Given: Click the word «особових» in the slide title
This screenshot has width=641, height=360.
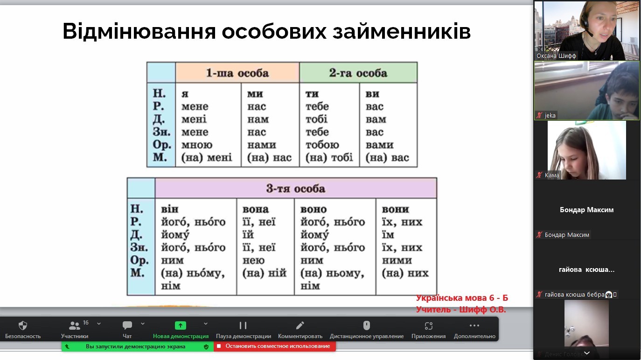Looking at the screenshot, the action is pyautogui.click(x=274, y=31).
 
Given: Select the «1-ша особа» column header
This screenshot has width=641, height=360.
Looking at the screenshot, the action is pyautogui.click(x=237, y=73).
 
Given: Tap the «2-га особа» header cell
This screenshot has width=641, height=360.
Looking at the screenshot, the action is pyautogui.click(x=358, y=73).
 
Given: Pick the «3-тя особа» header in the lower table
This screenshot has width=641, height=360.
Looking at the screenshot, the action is pyautogui.click(x=296, y=188).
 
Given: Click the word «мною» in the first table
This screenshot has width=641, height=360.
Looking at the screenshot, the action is pyautogui.click(x=197, y=145).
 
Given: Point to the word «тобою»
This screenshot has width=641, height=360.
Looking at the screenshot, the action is pyautogui.click(x=322, y=145).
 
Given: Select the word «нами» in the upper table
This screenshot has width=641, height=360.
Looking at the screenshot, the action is pyautogui.click(x=262, y=145).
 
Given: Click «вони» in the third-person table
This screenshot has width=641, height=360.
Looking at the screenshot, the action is pyautogui.click(x=395, y=209).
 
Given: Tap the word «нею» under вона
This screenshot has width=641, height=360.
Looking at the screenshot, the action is pyautogui.click(x=253, y=261).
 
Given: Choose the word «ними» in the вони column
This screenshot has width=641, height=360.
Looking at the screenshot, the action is pyautogui.click(x=397, y=261).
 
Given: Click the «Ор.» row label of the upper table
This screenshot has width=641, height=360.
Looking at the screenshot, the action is pyautogui.click(x=162, y=145).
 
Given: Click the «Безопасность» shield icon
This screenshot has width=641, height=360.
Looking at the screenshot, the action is pyautogui.click(x=22, y=325).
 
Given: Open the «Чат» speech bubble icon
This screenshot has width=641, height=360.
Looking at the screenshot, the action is pyautogui.click(x=127, y=325).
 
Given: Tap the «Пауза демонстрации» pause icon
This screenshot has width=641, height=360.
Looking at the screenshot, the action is pyautogui.click(x=243, y=325).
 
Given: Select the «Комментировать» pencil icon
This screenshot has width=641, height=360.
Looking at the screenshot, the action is pyautogui.click(x=300, y=325).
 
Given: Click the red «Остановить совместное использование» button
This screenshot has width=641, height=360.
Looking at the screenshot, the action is pyautogui.click(x=275, y=346).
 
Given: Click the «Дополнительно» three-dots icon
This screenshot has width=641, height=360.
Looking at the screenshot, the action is pyautogui.click(x=474, y=325).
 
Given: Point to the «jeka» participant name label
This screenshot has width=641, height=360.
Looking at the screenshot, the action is pyautogui.click(x=550, y=115).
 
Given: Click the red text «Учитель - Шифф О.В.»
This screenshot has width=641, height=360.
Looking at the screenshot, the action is pyautogui.click(x=461, y=309).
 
